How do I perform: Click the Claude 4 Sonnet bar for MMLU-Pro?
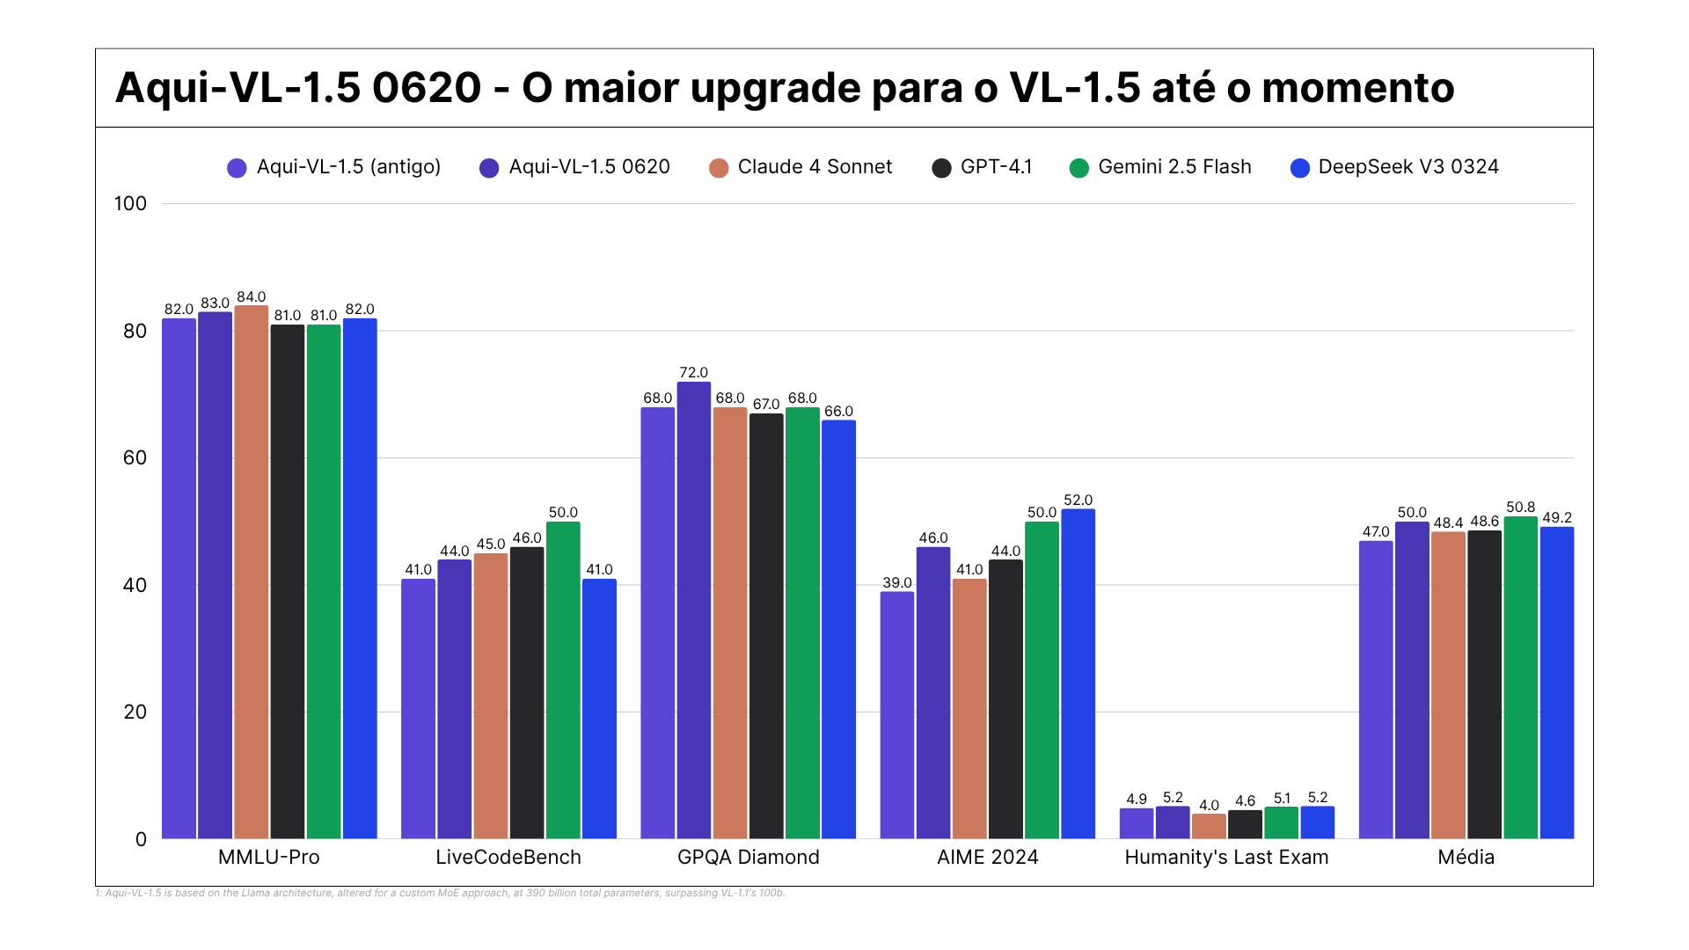252,572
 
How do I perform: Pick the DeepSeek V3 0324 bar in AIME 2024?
1078,673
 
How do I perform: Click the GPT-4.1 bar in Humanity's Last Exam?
1245,824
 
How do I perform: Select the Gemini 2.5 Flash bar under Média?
1521,677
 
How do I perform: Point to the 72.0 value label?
694,373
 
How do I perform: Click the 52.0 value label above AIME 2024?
1078,501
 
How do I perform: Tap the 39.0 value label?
897,583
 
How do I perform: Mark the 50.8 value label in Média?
1521,508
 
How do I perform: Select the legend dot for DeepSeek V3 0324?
1300,168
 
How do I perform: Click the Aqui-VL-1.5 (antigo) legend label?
348,167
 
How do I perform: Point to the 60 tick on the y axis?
135,457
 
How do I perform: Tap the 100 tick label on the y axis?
130,204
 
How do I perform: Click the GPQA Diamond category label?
749,858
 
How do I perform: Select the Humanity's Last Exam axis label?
1226,858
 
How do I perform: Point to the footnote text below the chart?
440,893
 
